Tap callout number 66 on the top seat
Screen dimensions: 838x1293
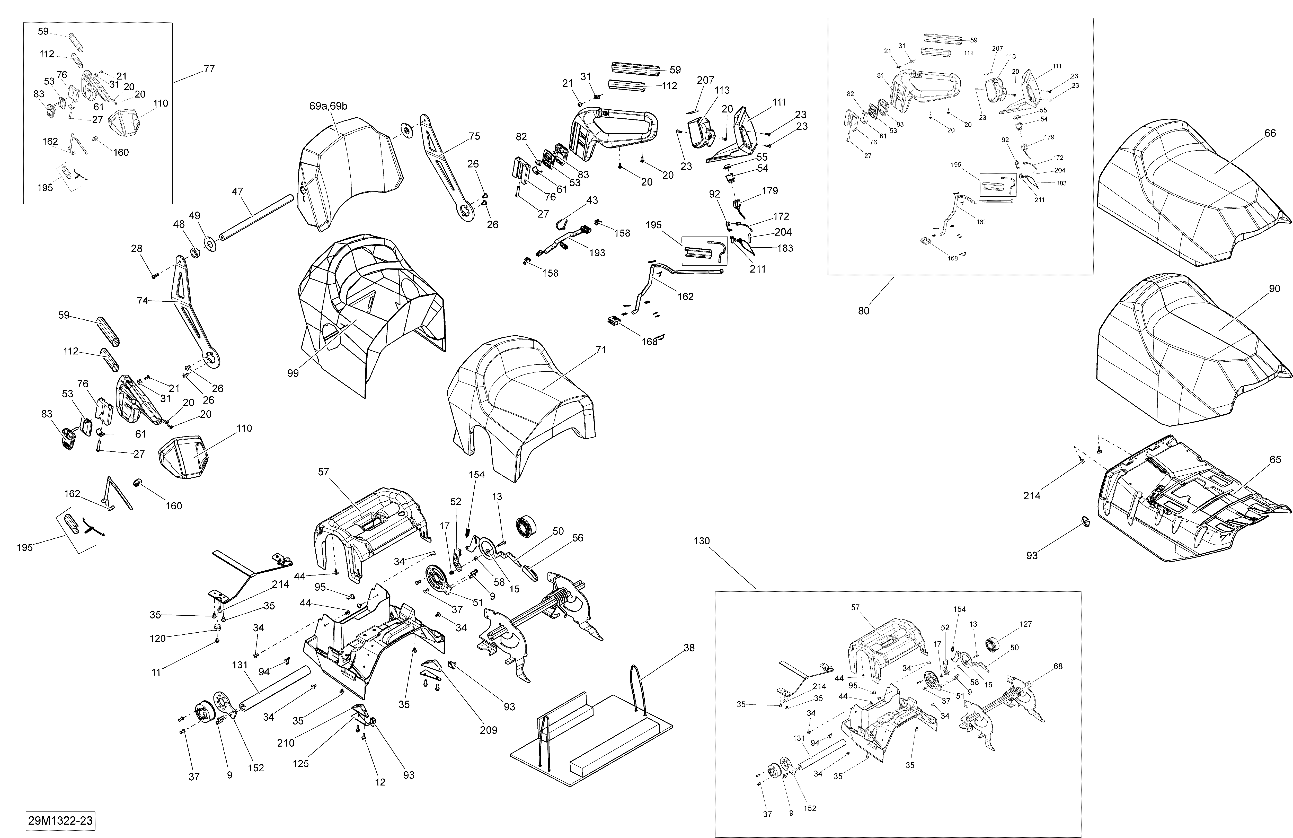click(x=1270, y=133)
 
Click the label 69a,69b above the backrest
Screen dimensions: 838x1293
click(x=328, y=106)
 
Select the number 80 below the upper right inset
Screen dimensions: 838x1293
click(x=863, y=311)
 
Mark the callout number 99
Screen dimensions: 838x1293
click(x=293, y=373)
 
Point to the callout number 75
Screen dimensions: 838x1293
click(x=474, y=136)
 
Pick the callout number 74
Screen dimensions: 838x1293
click(x=142, y=301)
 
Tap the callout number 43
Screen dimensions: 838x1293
click(x=592, y=200)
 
